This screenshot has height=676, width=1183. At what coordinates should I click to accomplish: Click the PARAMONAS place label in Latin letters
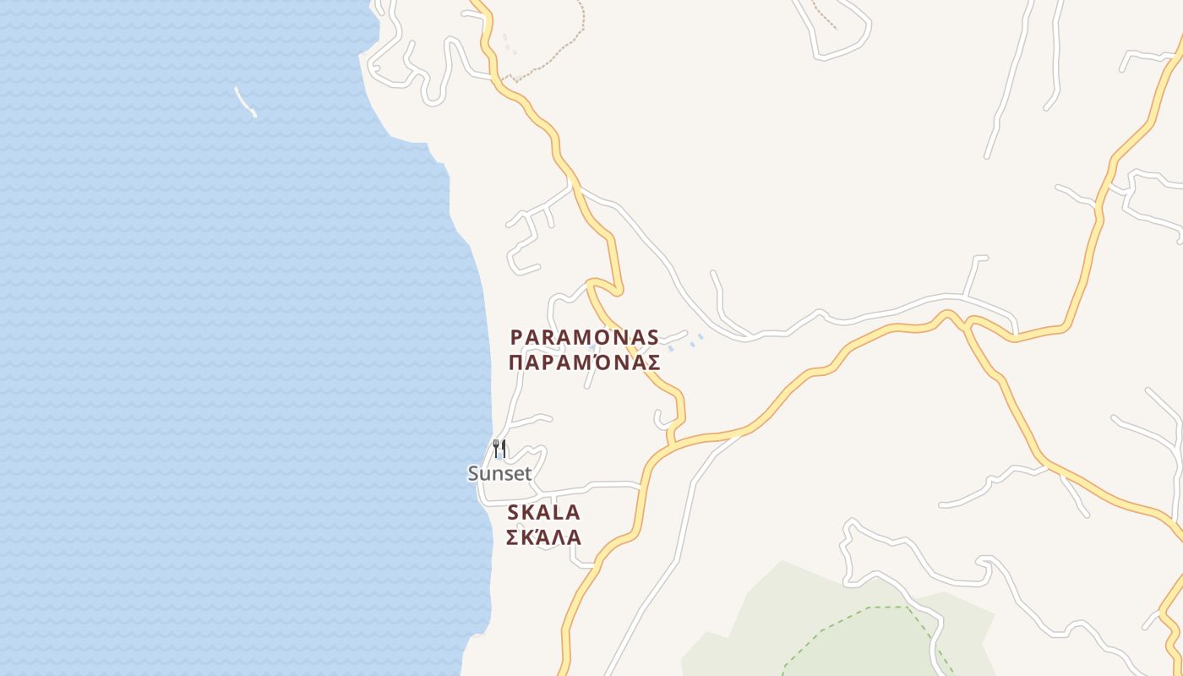[585, 337]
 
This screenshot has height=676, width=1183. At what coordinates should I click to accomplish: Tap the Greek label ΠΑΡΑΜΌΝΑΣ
[585, 363]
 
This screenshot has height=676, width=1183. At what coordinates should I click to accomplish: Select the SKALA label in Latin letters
[543, 512]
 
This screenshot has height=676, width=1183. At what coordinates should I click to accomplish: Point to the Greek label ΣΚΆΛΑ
[543, 537]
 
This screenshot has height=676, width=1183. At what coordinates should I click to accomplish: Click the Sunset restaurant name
[500, 474]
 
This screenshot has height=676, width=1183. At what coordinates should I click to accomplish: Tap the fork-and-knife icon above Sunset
[499, 449]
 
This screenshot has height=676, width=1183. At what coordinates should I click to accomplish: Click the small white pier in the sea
[245, 101]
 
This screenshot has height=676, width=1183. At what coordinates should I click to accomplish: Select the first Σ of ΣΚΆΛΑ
[512, 537]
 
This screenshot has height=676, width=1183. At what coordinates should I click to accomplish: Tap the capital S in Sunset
[474, 474]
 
